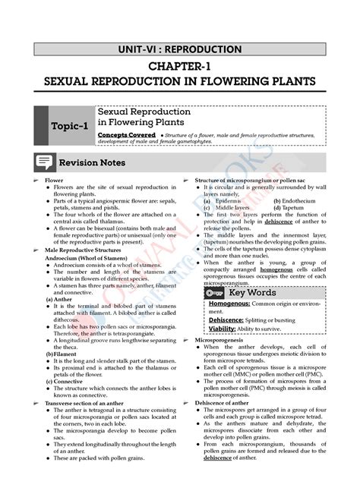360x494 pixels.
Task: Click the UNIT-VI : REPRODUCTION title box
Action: point(180,50)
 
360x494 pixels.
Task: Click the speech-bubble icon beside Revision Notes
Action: point(45,162)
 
